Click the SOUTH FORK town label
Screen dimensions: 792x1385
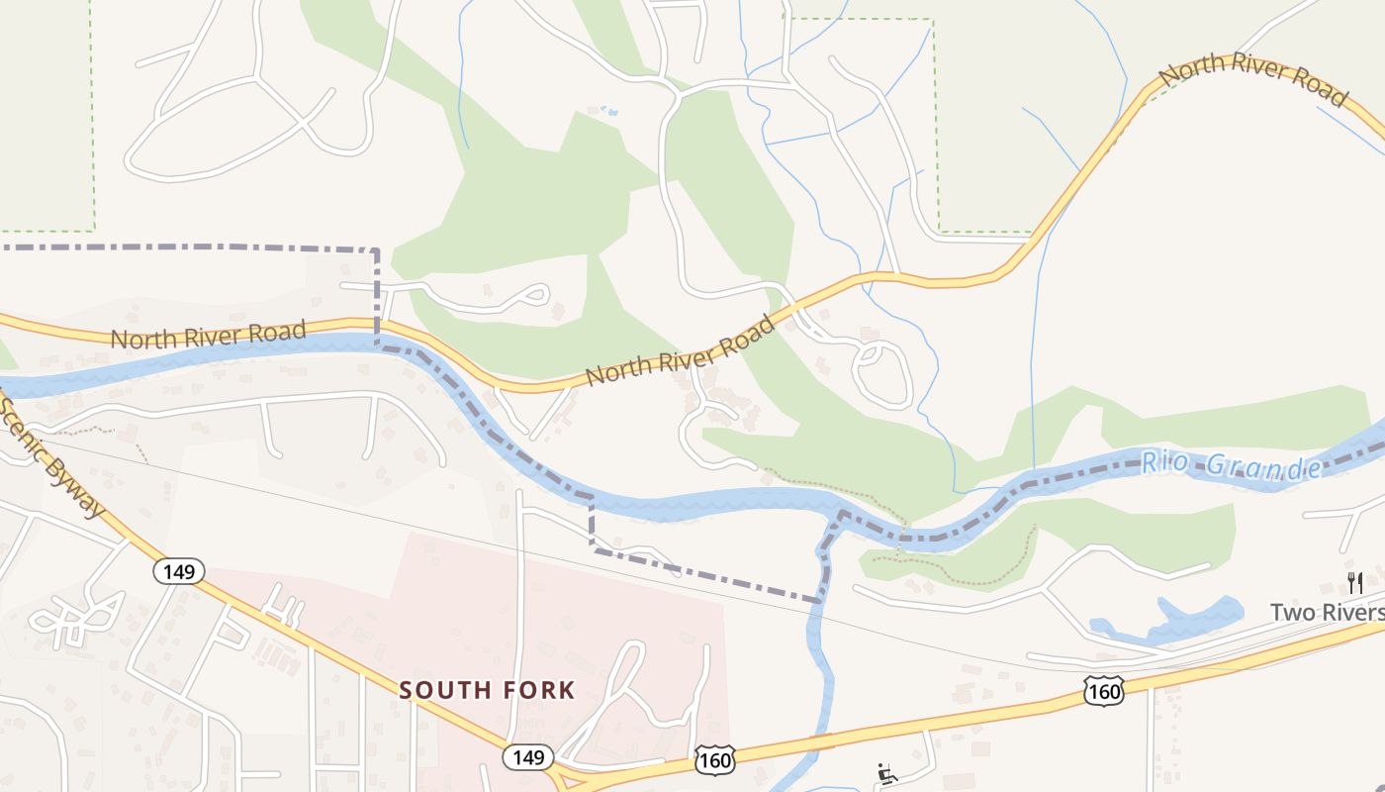(487, 690)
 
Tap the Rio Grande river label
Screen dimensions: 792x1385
(1231, 464)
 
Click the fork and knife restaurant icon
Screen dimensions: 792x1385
(1353, 582)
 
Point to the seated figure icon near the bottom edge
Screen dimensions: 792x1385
(886, 774)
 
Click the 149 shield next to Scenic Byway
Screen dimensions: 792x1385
(179, 571)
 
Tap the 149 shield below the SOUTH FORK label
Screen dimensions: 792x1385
(528, 757)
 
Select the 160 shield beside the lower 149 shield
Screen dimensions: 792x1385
(714, 759)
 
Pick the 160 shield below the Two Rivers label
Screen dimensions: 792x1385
(1103, 691)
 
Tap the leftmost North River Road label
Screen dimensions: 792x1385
(208, 335)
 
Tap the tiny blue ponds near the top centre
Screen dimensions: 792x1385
(608, 110)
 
